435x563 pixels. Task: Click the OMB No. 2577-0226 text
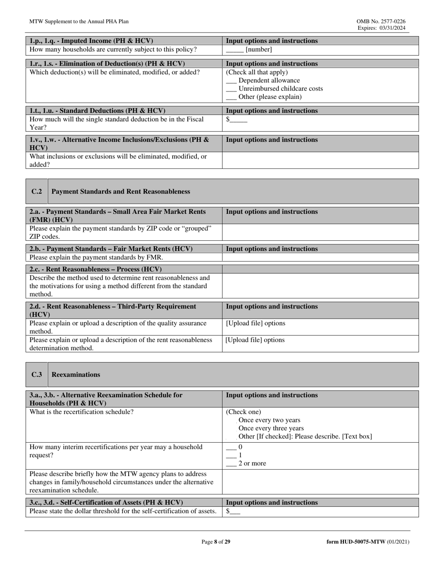pos(381,22)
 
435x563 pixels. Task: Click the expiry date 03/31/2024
pos(389,28)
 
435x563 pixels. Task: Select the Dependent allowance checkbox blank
pos(231,81)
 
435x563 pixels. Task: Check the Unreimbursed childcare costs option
pos(231,89)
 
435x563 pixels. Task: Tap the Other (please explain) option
pos(231,97)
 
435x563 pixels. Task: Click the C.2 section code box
pos(37,191)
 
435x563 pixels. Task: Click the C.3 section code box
pos(37,374)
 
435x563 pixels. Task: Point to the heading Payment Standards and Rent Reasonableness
pos(121,191)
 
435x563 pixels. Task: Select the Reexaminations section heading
pos(76,374)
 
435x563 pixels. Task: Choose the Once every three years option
pos(271,428)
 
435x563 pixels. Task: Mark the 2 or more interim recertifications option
pos(231,463)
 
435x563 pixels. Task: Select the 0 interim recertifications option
pos(231,447)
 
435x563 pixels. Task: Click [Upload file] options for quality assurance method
pos(256,323)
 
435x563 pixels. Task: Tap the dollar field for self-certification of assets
pos(234,511)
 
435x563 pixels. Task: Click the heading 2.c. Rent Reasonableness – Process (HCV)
pos(95,269)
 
